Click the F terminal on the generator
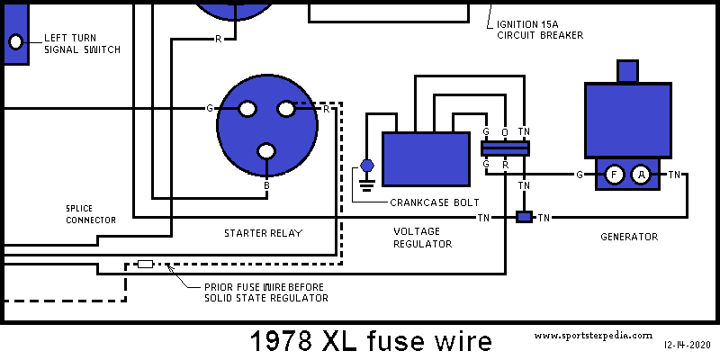click(x=614, y=175)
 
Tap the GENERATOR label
click(x=629, y=237)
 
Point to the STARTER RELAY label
click(x=263, y=233)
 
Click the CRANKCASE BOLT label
click(x=434, y=202)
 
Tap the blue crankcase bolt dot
click(x=366, y=166)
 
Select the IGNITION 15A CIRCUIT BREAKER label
click(x=540, y=29)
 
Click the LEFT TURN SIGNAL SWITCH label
click(x=82, y=43)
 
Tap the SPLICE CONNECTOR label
click(x=90, y=213)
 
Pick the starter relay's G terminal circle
click(x=246, y=109)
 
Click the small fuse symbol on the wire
click(x=145, y=265)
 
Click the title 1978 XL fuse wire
click(x=371, y=341)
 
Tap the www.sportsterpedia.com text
click(x=592, y=335)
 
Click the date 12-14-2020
click(x=688, y=345)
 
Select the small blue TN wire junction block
click(x=523, y=217)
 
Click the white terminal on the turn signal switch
click(x=16, y=41)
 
